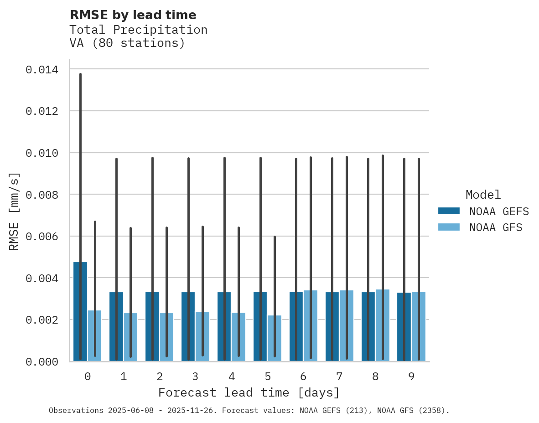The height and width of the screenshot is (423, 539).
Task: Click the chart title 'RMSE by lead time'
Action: [133, 15]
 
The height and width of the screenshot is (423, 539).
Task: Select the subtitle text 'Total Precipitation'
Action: [138, 30]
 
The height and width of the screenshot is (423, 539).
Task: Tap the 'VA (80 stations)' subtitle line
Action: [127, 43]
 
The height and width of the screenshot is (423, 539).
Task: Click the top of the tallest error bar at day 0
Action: [80, 74]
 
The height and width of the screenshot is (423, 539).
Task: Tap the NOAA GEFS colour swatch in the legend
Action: [449, 211]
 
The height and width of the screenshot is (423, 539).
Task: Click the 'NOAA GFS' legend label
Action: [496, 227]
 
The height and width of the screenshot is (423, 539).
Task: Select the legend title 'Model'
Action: [483, 195]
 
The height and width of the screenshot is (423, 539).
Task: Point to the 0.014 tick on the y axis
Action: [42, 70]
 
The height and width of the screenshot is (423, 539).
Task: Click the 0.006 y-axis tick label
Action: [42, 237]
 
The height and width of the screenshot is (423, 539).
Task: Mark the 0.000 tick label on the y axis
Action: [42, 362]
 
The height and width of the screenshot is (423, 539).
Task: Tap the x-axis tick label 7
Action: [339, 377]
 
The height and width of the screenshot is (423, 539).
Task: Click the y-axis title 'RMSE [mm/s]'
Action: [14, 211]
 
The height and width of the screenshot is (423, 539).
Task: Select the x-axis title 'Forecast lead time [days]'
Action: [249, 392]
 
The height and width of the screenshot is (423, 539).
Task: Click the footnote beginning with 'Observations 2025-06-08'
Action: [249, 411]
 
